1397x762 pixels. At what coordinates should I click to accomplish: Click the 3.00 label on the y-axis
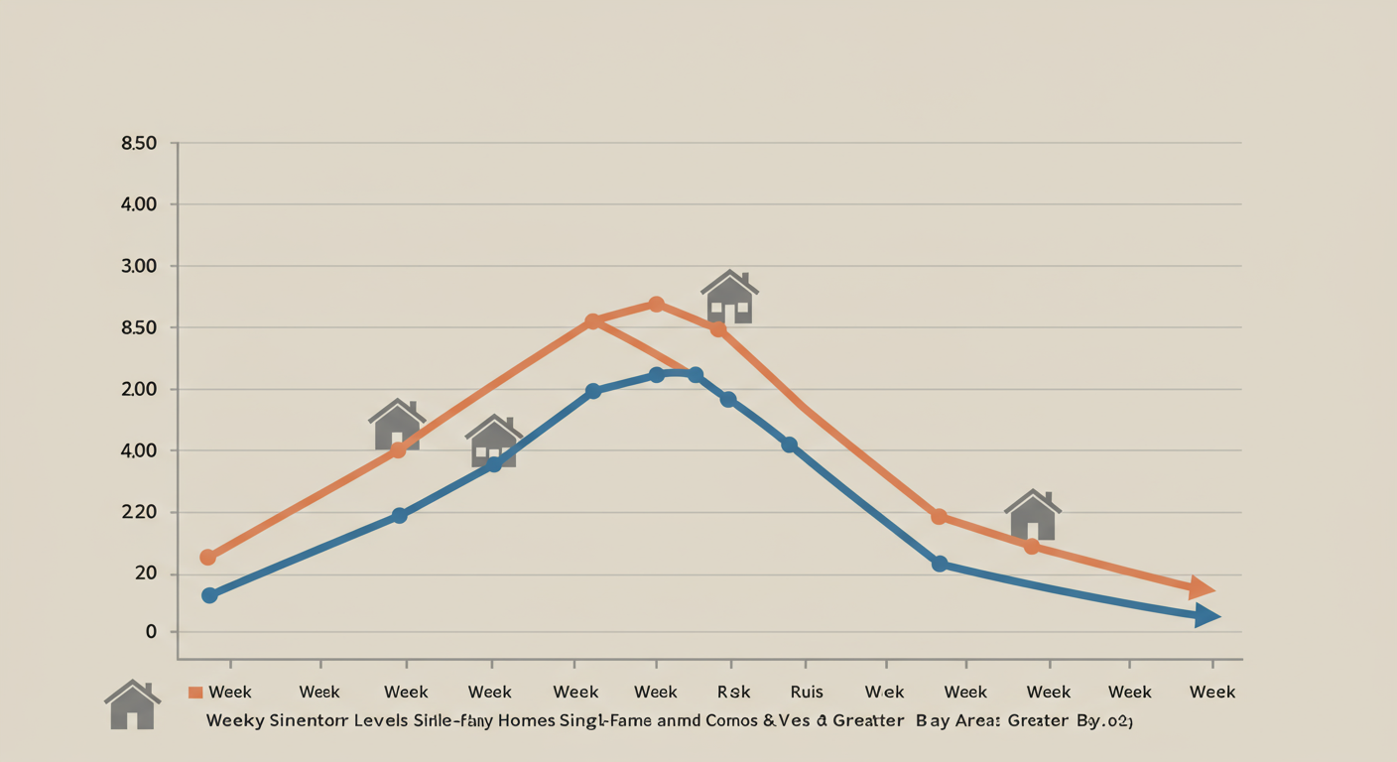click(x=139, y=266)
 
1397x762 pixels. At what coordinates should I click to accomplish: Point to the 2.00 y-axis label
click(x=139, y=389)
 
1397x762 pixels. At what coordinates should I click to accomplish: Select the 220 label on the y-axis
click(x=139, y=512)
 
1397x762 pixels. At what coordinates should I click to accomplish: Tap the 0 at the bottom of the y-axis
click(x=151, y=632)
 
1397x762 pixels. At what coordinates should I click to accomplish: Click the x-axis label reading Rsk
click(x=734, y=693)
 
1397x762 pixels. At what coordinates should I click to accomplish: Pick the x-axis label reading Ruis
click(x=807, y=693)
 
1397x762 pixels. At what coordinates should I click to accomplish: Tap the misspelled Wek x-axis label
click(x=884, y=693)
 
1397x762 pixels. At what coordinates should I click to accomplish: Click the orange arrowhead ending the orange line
click(x=1203, y=587)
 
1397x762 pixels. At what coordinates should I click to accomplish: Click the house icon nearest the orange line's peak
click(x=730, y=297)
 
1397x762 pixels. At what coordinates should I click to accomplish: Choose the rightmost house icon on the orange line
click(x=1033, y=515)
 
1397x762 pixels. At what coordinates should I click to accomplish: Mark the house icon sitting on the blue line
click(x=494, y=442)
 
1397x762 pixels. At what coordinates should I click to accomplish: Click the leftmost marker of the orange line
click(x=207, y=558)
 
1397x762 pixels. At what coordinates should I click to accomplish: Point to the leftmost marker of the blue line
click(x=209, y=595)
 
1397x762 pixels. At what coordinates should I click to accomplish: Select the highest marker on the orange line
click(x=656, y=304)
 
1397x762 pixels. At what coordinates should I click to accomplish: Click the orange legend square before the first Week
click(x=195, y=693)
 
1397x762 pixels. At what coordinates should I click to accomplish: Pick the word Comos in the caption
click(x=732, y=721)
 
